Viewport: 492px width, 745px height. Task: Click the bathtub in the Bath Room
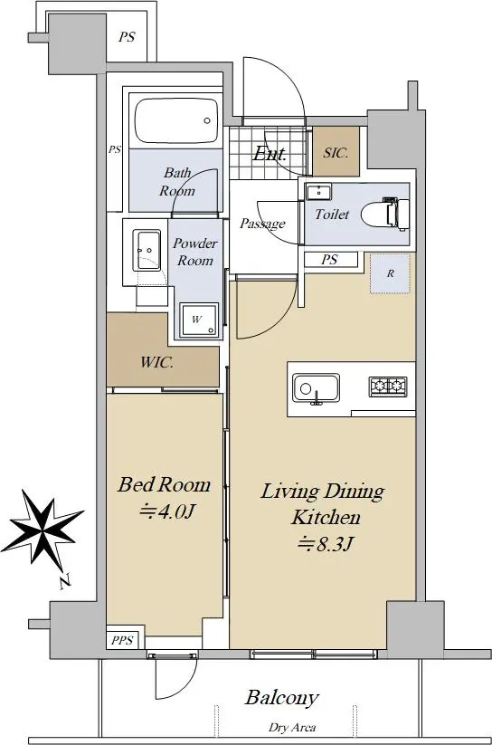(175, 120)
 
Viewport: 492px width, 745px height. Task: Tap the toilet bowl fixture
(385, 215)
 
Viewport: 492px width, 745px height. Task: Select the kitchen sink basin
(316, 387)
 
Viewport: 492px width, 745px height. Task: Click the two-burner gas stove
(388, 387)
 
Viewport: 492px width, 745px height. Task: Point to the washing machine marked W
(199, 320)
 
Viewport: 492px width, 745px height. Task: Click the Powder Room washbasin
(147, 250)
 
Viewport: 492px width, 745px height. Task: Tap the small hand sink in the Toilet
(318, 192)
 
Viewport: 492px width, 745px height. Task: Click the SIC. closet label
(336, 152)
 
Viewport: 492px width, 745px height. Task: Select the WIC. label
(156, 362)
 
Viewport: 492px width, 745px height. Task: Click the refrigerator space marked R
(390, 273)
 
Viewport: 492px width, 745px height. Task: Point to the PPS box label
(122, 640)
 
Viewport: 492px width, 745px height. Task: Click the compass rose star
(43, 529)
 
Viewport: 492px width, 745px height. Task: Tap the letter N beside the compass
(65, 581)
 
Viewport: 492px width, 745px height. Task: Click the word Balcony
(281, 698)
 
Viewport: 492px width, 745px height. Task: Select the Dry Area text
(292, 727)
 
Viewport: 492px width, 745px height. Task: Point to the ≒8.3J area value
(325, 543)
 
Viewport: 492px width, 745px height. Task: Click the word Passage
(262, 224)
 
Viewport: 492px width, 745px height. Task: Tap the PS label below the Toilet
(329, 260)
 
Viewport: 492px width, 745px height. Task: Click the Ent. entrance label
(270, 153)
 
